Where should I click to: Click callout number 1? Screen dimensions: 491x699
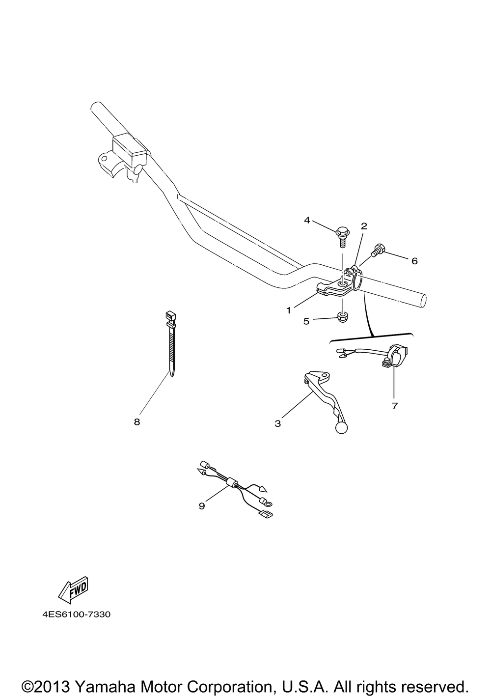coord(289,310)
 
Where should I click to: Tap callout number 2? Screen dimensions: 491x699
coord(364,226)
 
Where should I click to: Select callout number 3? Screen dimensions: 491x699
coord(277,423)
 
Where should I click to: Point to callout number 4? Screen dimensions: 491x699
coord(307,220)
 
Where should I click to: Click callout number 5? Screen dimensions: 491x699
coord(306,321)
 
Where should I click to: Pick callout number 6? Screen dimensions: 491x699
coord(414,261)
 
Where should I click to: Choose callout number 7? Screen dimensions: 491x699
coord(395,406)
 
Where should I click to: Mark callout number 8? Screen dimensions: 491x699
coord(137,422)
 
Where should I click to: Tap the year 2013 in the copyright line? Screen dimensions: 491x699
coord(53,684)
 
